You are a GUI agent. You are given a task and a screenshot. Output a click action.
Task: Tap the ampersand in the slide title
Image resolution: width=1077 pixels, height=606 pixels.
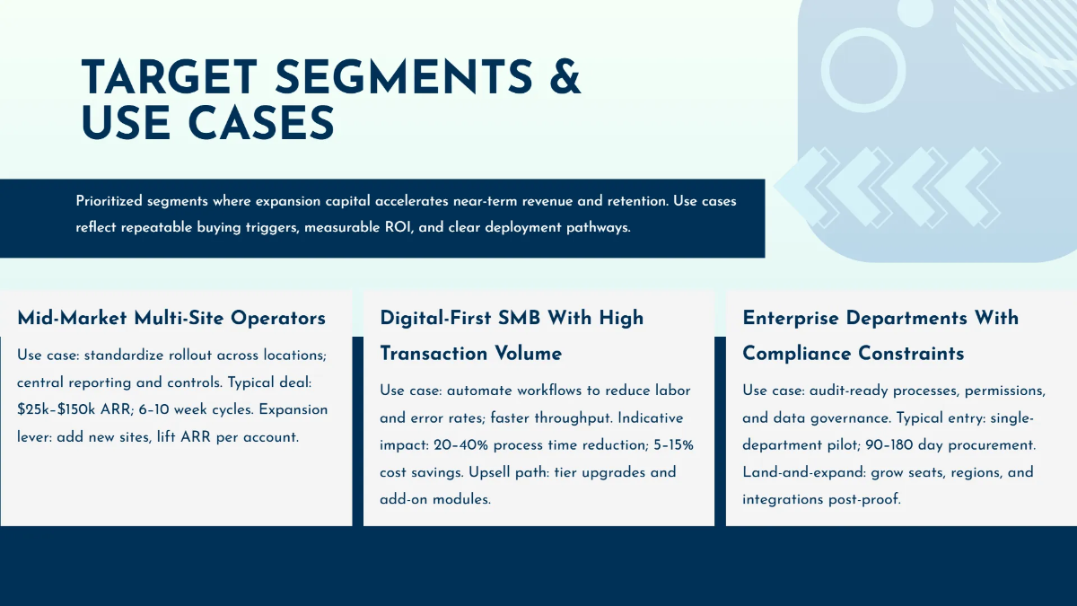pos(563,78)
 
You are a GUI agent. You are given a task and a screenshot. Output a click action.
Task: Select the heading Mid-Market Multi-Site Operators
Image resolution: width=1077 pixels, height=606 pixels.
pos(171,318)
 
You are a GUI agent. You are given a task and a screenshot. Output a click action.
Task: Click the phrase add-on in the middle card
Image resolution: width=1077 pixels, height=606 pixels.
pos(405,499)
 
